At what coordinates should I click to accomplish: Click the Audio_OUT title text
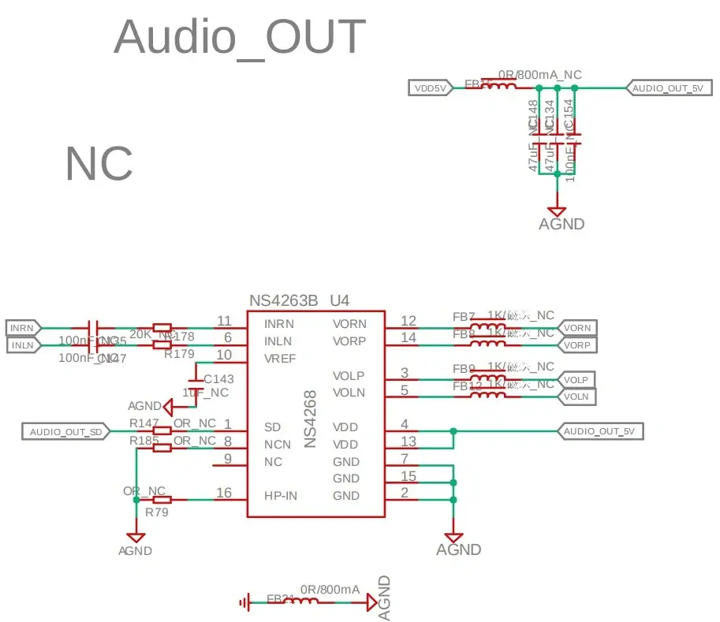[x=240, y=36]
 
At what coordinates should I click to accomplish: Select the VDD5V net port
[x=431, y=88]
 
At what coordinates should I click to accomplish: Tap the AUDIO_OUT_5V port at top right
[x=667, y=88]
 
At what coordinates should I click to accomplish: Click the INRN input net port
[x=22, y=327]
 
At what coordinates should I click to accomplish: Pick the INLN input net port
[x=22, y=345]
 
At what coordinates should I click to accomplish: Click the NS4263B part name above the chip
[x=283, y=300]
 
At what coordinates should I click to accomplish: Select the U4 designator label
[x=339, y=300]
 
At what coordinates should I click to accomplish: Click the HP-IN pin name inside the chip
[x=282, y=495]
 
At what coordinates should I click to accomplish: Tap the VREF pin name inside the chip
[x=279, y=358]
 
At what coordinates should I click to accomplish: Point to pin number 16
[x=224, y=494]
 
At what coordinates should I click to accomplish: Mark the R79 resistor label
[x=156, y=512]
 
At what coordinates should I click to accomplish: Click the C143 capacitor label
[x=218, y=378]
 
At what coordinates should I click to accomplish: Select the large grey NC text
[x=99, y=163]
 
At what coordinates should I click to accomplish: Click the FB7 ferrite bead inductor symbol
[x=488, y=327]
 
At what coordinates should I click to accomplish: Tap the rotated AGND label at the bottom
[x=384, y=598]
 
